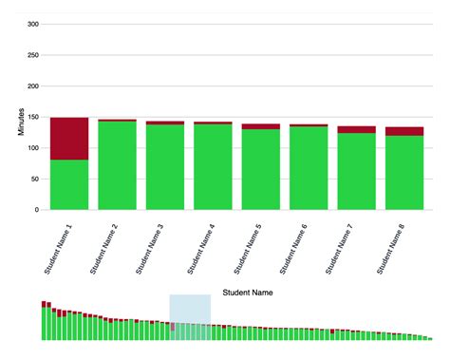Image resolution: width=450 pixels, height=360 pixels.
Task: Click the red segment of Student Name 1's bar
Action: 69,139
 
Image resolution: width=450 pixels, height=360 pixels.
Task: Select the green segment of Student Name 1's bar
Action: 69,184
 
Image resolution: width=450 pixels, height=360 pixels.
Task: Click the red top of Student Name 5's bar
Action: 260,126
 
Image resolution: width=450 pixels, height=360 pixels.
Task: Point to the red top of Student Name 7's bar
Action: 356,129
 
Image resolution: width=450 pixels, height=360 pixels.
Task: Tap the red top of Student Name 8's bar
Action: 404,131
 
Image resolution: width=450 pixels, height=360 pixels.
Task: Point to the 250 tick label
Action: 31,56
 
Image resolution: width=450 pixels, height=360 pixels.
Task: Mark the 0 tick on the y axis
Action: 37,210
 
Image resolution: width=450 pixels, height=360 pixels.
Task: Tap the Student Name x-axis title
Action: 248,294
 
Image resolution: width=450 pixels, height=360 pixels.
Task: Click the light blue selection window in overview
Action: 190,316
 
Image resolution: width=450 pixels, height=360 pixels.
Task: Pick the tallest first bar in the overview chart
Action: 44,321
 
